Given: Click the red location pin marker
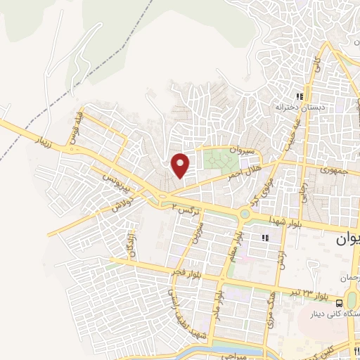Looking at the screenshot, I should pos(181,165).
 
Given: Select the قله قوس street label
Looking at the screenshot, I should pos(77,132).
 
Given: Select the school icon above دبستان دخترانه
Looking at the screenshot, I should pos(300,96).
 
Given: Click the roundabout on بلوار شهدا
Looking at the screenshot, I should pos(245,214).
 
